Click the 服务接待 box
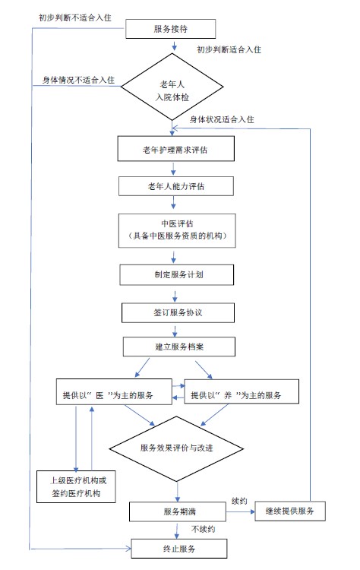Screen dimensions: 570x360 175,29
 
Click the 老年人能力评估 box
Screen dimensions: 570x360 175,186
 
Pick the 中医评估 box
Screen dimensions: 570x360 175,230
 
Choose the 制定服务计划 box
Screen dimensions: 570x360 175,274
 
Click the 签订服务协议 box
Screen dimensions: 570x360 175,312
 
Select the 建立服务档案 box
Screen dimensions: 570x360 175,347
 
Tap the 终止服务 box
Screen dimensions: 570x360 175,547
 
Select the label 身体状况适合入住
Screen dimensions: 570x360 220,119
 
